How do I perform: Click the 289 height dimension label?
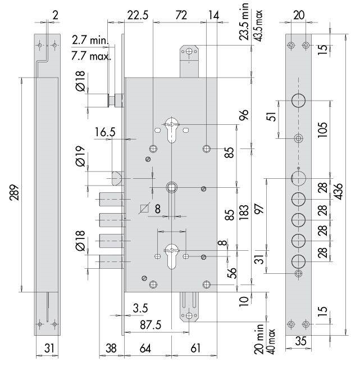15,192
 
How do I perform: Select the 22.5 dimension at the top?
138,15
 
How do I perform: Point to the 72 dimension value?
181,15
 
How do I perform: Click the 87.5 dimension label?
151,325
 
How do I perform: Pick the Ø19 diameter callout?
80,156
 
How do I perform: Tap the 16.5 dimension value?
105,132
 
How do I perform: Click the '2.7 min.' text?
90,40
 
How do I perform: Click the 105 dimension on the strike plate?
323,130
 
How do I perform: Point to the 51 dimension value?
272,116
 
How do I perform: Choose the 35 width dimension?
300,341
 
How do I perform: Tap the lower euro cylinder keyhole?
172,256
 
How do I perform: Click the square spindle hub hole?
172,187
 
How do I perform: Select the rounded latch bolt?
117,178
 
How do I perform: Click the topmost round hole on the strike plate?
298,101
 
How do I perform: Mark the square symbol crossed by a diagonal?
144,209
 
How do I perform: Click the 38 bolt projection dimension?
111,348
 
